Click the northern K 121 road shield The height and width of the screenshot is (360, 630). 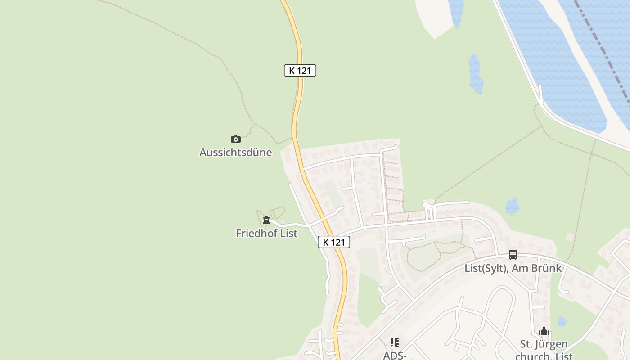pos(300,71)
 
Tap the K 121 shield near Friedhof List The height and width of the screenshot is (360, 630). pos(333,242)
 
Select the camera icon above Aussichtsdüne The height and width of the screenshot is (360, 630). pos(235,139)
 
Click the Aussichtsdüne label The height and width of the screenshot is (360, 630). pos(235,153)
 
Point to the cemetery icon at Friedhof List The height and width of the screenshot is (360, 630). pos(266,220)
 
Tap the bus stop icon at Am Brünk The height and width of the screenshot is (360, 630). pos(513,255)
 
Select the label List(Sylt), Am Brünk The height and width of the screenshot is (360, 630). pos(513,269)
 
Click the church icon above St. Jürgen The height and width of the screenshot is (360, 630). pos(544,331)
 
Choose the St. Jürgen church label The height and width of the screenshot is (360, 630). pos(544,345)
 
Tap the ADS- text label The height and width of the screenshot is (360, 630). pos(395,355)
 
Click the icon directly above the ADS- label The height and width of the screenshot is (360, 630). pos(395,342)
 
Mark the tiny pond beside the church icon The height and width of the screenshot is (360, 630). pos(562,321)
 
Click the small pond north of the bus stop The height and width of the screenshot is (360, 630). pos(512,207)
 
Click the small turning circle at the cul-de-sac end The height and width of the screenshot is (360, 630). pos(426,205)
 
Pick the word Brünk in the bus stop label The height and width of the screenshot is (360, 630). pos(546,269)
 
